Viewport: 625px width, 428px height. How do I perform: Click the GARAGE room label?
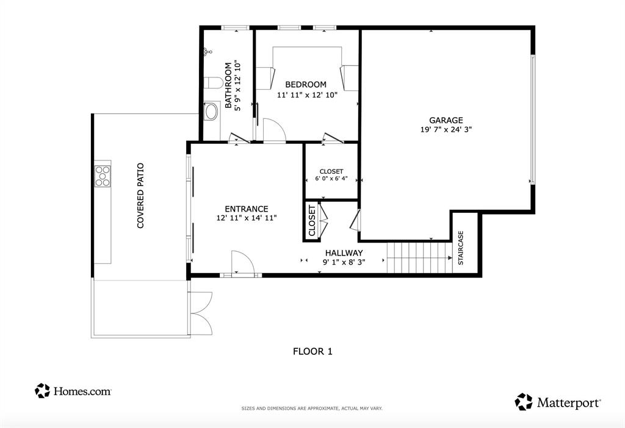coord(446,120)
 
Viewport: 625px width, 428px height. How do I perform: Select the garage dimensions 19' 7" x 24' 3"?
coord(446,129)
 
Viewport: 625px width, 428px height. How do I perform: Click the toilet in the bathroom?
coord(213,82)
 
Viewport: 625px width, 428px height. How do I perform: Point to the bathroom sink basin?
coord(211,112)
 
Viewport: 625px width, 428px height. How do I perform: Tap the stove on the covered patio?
coord(103,175)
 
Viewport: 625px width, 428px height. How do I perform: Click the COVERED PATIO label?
coord(140,195)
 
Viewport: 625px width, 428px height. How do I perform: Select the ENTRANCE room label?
coord(246,209)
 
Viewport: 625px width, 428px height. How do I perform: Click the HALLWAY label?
coord(344,252)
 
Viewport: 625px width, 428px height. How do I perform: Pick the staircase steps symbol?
coord(418,257)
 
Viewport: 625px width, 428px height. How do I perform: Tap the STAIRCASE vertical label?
coord(461,247)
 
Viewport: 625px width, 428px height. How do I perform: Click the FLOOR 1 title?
coord(312,351)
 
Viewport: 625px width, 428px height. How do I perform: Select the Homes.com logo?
coord(73,391)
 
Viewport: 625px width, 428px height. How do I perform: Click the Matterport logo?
coord(558,402)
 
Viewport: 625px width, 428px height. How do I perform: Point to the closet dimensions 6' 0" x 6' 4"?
coord(331,179)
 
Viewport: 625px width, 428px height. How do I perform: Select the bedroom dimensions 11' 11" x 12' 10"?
coord(307,95)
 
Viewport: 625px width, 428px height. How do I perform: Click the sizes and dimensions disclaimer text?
coord(312,408)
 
